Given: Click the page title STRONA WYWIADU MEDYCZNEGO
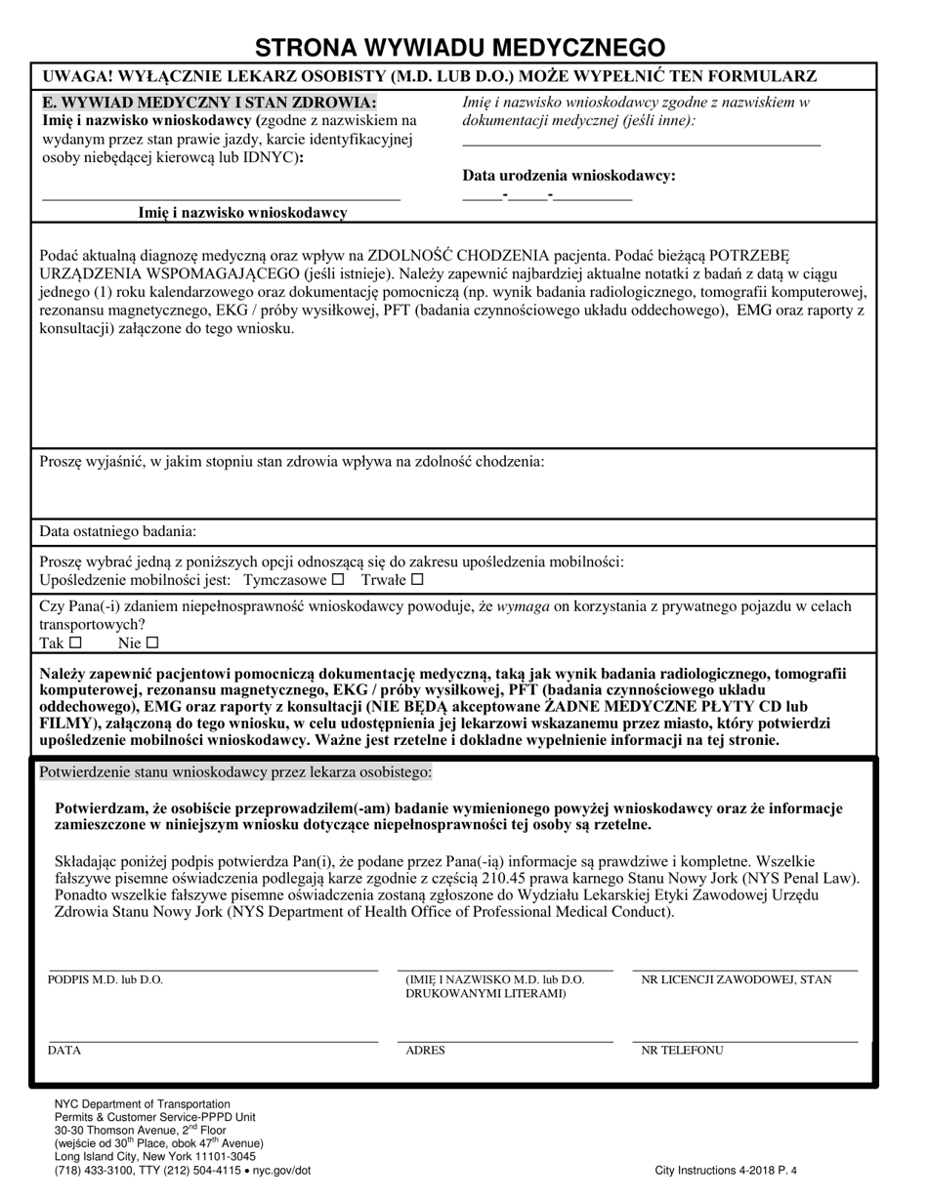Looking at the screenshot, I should (x=460, y=47).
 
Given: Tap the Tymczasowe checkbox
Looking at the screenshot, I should (x=338, y=579).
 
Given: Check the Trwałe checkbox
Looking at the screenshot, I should (x=418, y=579).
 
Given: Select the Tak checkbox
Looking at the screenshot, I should (x=76, y=642).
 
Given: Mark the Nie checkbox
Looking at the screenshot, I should (x=151, y=642).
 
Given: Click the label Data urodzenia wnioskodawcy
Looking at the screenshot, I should (x=569, y=176).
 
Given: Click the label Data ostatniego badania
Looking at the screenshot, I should (x=117, y=531).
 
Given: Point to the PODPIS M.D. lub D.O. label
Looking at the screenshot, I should (x=105, y=979).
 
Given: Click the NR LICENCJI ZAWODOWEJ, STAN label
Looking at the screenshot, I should (x=737, y=979).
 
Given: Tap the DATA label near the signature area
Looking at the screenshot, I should (x=64, y=1051).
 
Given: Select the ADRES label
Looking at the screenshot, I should (x=425, y=1051).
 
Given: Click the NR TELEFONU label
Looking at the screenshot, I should (x=682, y=1051).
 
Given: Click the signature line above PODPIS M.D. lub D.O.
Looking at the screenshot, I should (x=213, y=970).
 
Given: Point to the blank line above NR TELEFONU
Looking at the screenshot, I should (x=744, y=1042).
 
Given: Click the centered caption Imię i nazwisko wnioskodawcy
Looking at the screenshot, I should (x=242, y=212).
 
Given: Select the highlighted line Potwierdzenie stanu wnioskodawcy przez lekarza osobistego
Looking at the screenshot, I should (x=234, y=772).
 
